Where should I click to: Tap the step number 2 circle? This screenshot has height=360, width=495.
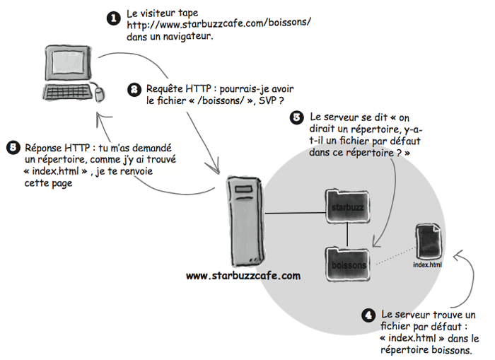[x=134, y=90]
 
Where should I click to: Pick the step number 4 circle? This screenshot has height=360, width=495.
[x=368, y=315]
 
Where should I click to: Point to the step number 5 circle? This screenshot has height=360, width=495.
[x=11, y=148]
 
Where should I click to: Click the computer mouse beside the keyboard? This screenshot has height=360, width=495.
[x=100, y=91]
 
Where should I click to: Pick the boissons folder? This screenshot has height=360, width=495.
[x=346, y=264]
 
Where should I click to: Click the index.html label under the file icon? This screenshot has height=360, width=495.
[x=427, y=265]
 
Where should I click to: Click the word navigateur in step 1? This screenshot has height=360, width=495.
[x=183, y=36]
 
